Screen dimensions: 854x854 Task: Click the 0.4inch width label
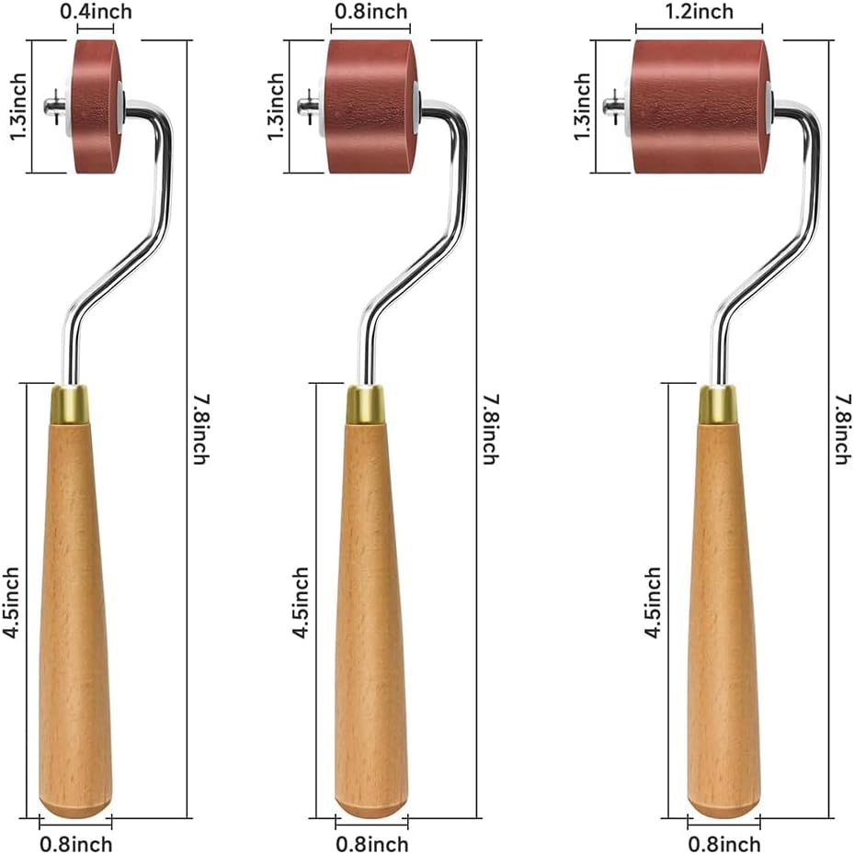[x=96, y=11]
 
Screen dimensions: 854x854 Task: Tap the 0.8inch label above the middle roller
[x=370, y=11]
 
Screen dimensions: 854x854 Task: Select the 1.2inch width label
[x=700, y=11]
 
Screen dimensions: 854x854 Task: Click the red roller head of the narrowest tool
[x=96, y=107]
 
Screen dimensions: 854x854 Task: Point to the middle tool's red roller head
[x=371, y=107]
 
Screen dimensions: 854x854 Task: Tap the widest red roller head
[x=700, y=107]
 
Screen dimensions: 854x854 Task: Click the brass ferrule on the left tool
[x=70, y=404]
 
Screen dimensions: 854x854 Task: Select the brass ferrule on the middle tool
[x=365, y=404]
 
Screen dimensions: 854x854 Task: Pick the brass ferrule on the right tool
[x=718, y=404]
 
